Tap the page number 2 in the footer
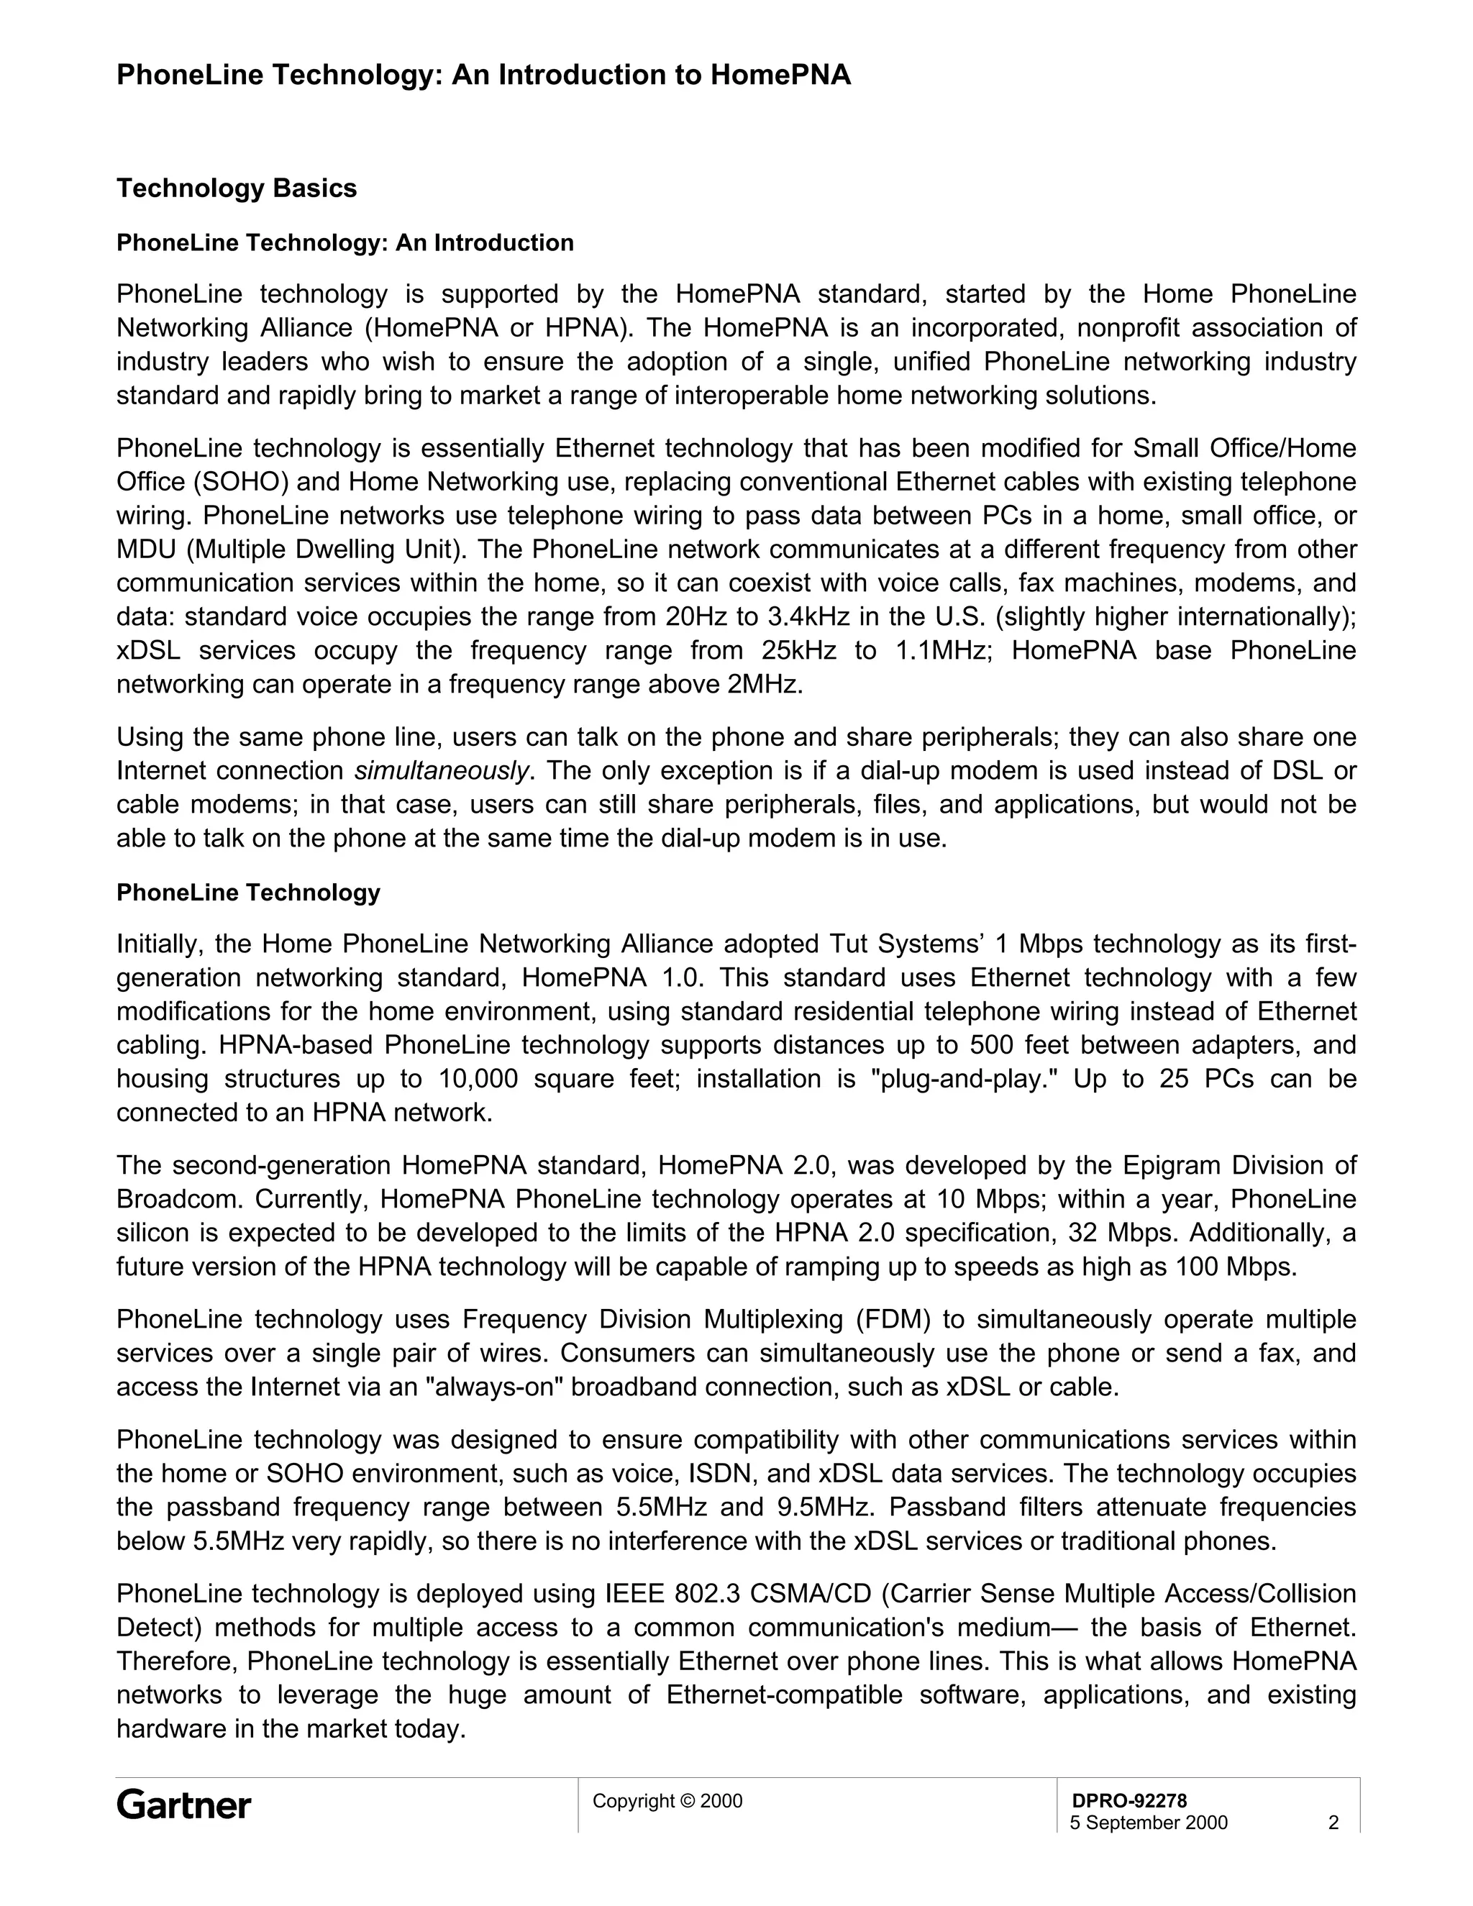(x=1333, y=1823)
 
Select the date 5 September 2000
(x=1149, y=1823)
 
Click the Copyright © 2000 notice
(x=667, y=1800)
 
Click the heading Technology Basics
(x=237, y=188)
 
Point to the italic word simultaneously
(x=442, y=770)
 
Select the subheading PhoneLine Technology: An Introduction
(x=345, y=242)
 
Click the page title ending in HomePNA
(x=483, y=75)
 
